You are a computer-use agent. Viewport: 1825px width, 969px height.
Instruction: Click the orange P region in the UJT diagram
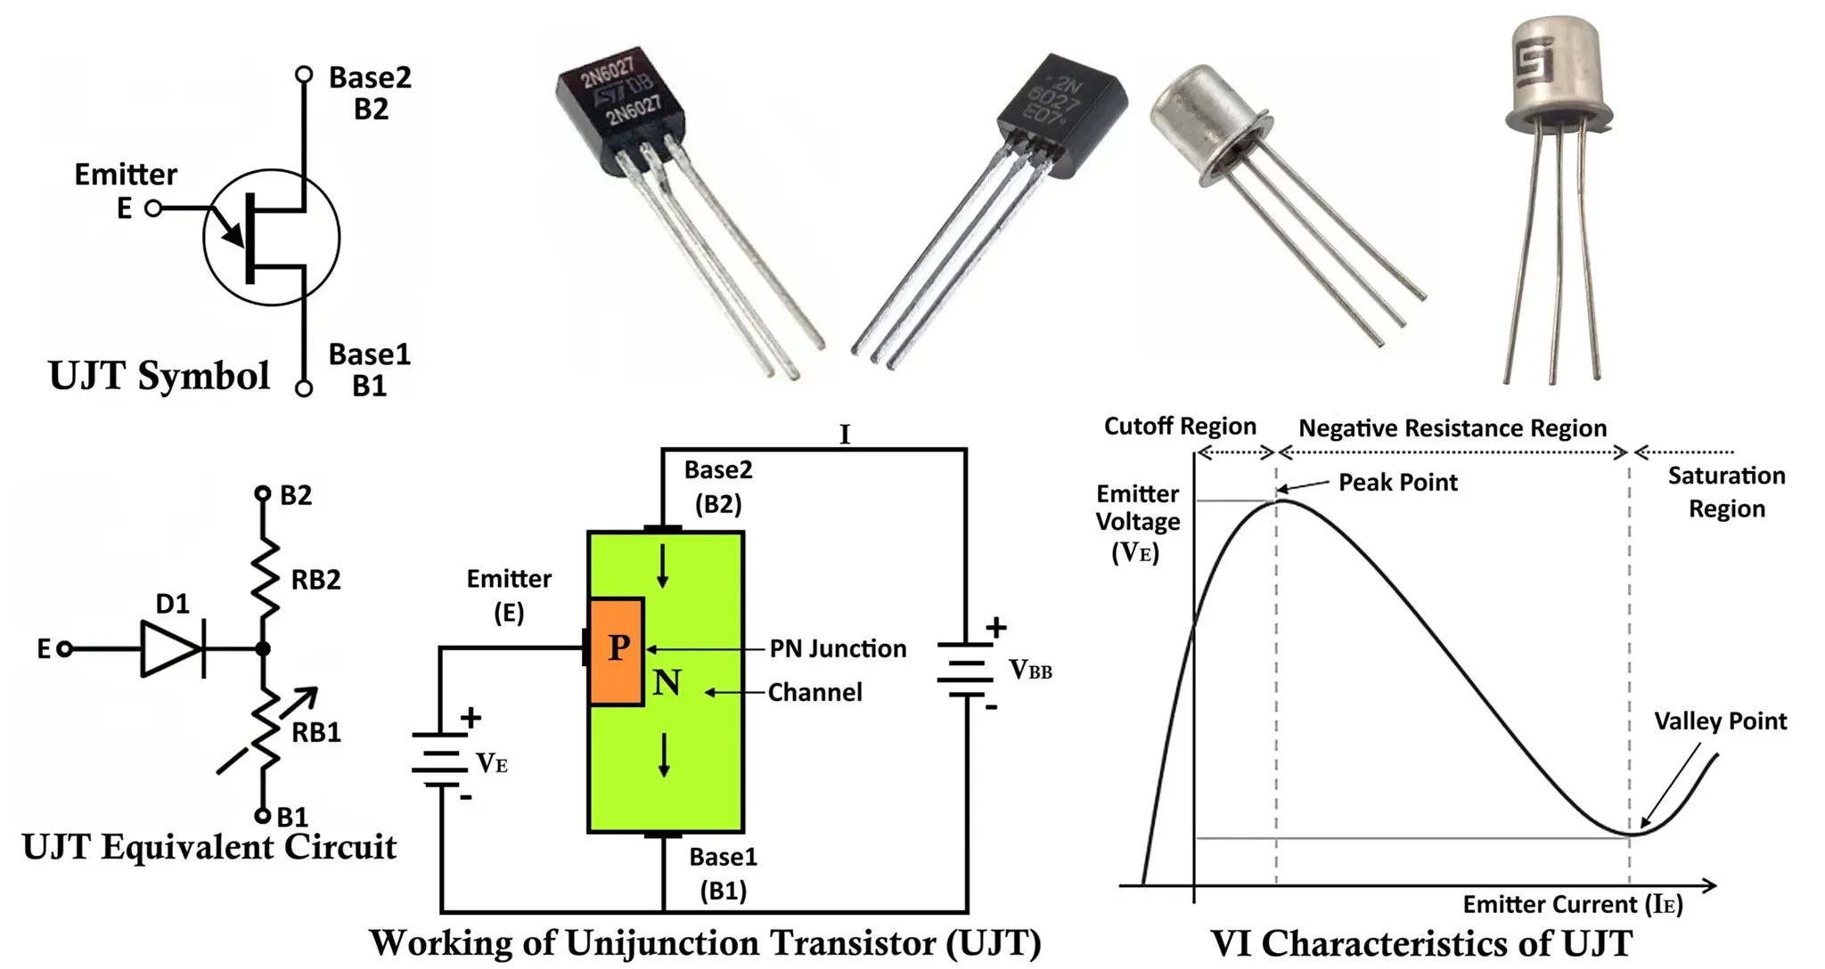616,650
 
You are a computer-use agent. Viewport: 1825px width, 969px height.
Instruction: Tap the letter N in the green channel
667,683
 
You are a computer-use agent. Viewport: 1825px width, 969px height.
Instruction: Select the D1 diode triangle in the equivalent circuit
169,649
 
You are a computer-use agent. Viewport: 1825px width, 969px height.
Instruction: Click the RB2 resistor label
315,581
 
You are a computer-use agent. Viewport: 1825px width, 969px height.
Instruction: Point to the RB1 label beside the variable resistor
316,733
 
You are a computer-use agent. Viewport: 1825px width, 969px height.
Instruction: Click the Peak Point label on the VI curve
1397,483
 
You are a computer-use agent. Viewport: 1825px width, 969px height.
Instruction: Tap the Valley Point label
1720,721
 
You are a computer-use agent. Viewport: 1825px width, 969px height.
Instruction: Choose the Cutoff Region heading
1180,427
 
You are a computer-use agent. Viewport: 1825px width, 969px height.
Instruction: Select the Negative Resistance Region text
1452,428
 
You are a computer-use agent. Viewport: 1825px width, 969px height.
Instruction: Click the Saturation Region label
1726,493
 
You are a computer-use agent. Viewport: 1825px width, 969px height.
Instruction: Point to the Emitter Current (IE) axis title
1572,905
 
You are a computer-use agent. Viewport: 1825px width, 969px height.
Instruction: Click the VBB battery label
1030,670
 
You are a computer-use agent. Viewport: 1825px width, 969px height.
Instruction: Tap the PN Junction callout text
838,649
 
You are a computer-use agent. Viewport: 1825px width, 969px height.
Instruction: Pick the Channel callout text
814,693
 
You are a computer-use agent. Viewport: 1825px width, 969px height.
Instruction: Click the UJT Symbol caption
159,376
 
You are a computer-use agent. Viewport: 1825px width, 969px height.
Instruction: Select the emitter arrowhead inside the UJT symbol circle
233,235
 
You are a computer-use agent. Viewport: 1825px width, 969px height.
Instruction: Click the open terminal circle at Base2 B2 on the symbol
304,74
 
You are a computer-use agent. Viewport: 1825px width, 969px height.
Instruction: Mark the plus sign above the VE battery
471,717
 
